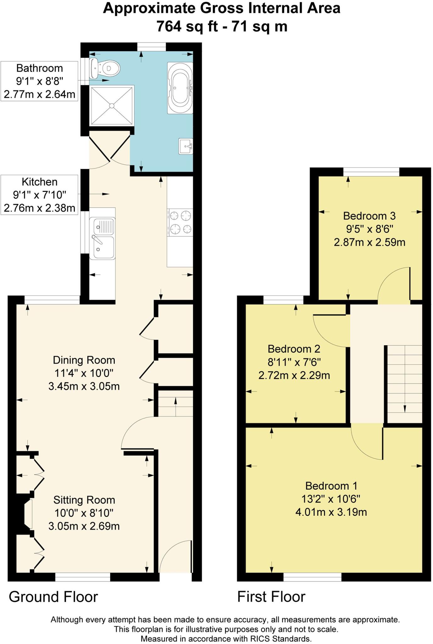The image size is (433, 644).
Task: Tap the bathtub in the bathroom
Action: point(180,88)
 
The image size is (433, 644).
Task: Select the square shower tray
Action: point(112,106)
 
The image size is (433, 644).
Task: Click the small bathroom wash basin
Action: point(186,146)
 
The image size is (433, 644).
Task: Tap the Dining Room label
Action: point(84,360)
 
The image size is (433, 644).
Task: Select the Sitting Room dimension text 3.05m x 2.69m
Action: point(84,526)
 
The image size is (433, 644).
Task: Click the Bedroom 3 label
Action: point(369,216)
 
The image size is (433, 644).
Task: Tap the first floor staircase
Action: point(404,384)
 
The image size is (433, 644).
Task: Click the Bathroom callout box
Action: point(39,81)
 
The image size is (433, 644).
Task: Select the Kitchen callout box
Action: point(39,195)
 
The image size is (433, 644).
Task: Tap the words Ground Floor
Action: point(53,597)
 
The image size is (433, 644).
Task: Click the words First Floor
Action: point(271,597)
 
